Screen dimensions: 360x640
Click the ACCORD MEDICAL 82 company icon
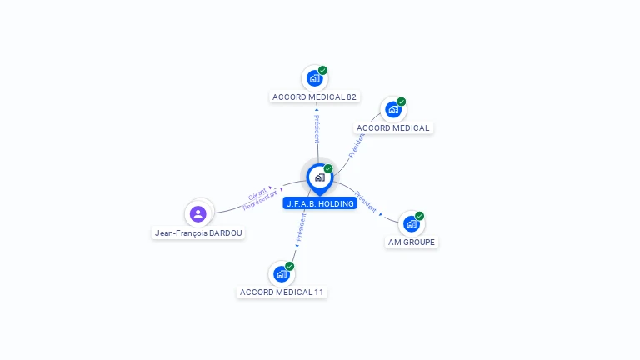point(314,78)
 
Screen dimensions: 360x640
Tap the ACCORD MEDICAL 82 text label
point(314,97)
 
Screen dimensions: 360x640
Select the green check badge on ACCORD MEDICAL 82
point(322,71)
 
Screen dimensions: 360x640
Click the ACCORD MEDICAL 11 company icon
point(282,273)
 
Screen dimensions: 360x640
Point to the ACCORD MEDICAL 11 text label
point(282,292)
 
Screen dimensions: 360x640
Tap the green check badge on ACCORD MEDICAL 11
point(290,266)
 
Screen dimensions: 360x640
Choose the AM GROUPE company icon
point(411,223)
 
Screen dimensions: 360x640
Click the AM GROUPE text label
point(412,242)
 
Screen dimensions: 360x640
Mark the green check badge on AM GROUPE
point(419,216)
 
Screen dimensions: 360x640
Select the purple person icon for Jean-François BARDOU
point(198,214)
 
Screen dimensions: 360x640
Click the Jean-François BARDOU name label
point(198,233)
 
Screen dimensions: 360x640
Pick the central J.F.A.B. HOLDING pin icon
point(319,177)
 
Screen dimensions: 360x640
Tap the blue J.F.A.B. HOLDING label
point(320,203)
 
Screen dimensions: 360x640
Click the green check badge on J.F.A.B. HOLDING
point(328,169)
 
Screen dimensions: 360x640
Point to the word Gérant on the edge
point(257,195)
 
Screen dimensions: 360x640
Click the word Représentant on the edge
point(260,202)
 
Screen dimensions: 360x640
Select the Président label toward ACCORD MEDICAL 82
point(317,129)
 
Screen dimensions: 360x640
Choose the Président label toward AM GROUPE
point(365,202)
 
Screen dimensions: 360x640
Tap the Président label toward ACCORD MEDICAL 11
point(301,227)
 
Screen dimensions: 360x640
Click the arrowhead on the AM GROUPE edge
point(381,214)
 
